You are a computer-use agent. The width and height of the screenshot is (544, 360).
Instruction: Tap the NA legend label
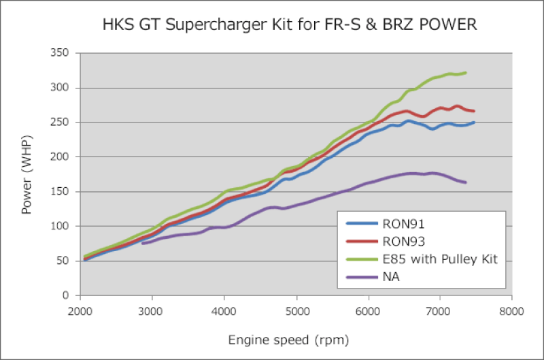[x=392, y=278]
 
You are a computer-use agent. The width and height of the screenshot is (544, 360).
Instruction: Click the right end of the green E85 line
[x=465, y=73]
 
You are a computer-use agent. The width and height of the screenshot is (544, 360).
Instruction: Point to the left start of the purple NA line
[x=143, y=243]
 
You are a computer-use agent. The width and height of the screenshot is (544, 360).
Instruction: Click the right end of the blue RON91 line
[x=473, y=122]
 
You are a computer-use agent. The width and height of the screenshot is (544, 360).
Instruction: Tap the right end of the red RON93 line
[x=473, y=111]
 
